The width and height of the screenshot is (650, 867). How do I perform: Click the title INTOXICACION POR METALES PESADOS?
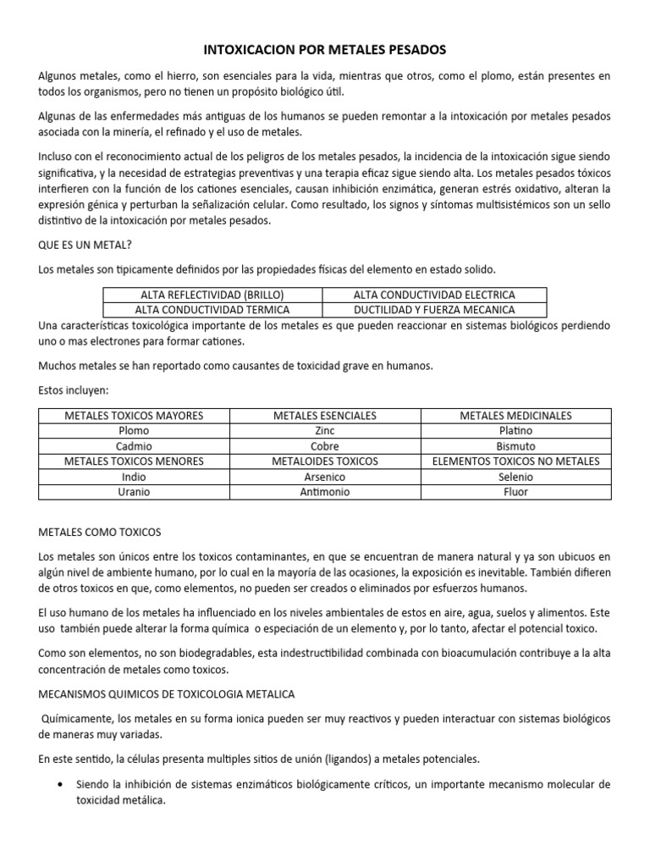[x=324, y=50]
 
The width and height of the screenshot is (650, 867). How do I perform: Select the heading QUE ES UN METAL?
[x=86, y=246]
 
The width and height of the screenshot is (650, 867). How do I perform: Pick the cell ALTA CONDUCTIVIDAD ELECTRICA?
[x=434, y=295]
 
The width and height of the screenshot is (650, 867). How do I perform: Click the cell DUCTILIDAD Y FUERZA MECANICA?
[x=434, y=310]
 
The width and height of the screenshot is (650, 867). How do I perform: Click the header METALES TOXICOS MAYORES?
[x=135, y=416]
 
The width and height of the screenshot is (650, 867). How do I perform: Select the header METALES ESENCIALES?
[x=325, y=416]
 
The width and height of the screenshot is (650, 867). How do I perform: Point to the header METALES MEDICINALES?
[x=515, y=416]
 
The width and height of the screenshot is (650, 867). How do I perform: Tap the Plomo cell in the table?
[x=135, y=431]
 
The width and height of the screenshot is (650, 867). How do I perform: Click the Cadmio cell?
[x=135, y=446]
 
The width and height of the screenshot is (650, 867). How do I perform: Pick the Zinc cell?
[x=325, y=431]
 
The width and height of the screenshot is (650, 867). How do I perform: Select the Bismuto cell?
[x=515, y=446]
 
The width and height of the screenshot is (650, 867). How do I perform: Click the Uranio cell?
[x=135, y=492]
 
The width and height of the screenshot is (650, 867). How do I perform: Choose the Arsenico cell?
[x=325, y=477]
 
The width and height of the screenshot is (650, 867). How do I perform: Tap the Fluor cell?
[x=515, y=492]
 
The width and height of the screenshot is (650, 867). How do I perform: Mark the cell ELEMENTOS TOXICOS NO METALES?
[x=515, y=461]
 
